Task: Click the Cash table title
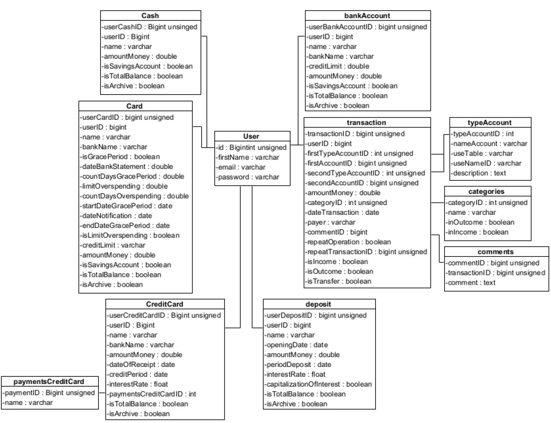point(150,16)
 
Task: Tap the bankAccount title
point(367,16)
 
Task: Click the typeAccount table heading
point(490,122)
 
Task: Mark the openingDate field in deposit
point(297,345)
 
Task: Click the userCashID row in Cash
point(149,27)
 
